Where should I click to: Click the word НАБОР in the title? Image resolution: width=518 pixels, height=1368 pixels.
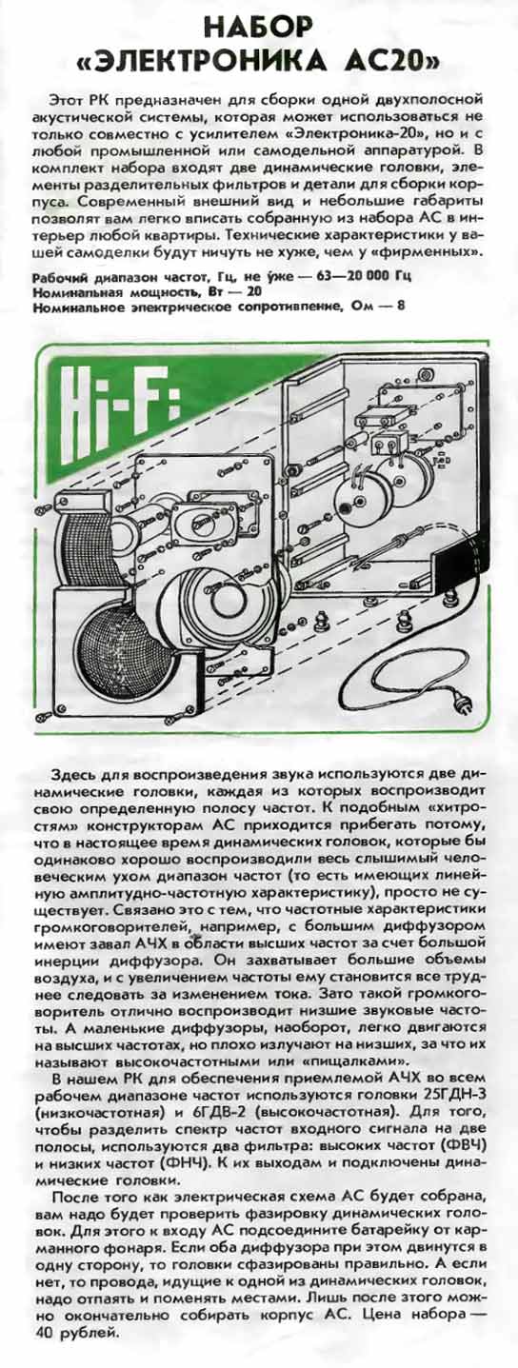coord(258,27)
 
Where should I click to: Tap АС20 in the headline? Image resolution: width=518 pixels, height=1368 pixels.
coord(397,61)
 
